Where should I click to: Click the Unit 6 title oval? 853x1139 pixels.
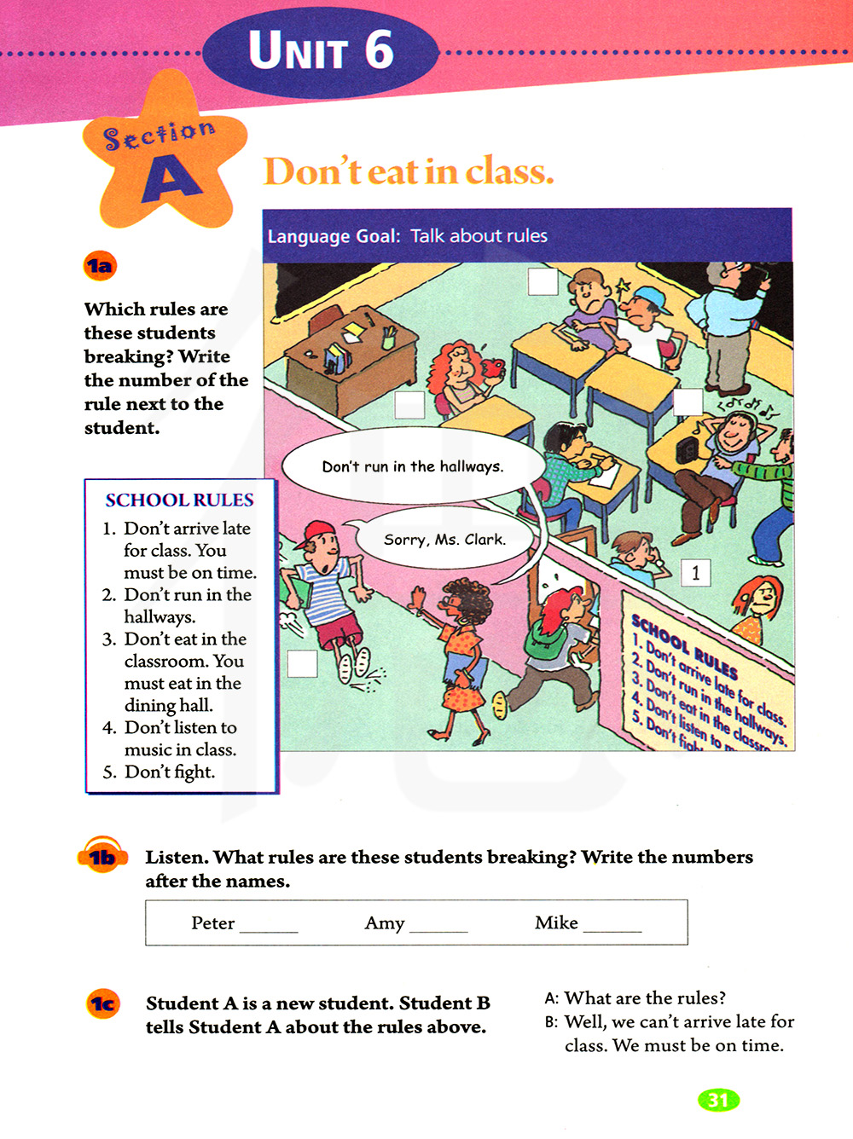[x=321, y=51]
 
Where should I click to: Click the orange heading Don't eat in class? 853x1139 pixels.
[x=409, y=171]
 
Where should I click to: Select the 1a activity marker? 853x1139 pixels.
[x=100, y=266]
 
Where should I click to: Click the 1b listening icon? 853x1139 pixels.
[x=102, y=856]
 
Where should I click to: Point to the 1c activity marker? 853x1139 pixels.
[x=103, y=1003]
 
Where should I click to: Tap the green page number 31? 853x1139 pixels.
[x=718, y=1100]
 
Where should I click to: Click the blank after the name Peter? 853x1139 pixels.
[x=269, y=926]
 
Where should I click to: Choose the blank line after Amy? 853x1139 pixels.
[x=438, y=926]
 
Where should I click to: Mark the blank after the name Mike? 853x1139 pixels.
[x=612, y=926]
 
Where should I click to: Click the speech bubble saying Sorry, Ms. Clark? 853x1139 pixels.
[x=444, y=539]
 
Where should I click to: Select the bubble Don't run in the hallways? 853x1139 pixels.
[x=413, y=466]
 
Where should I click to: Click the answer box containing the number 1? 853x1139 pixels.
[x=695, y=573]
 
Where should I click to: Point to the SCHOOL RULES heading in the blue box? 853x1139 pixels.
[x=179, y=500]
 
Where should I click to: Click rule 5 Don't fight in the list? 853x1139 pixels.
[x=170, y=772]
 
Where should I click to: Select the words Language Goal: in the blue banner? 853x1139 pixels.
[x=334, y=236]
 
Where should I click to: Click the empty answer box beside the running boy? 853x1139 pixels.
[x=302, y=663]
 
